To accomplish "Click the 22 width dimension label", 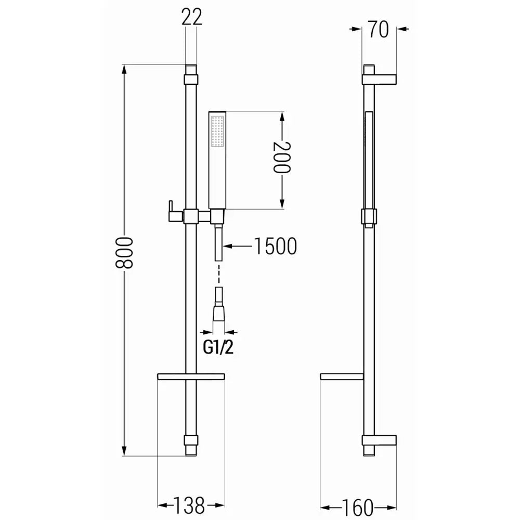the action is [x=191, y=17].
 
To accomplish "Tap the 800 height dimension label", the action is [x=124, y=253].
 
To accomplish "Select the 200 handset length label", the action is [x=281, y=157].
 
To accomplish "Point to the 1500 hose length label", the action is [x=275, y=246].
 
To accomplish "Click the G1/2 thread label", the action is [x=218, y=347].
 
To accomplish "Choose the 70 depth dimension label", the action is [x=379, y=29].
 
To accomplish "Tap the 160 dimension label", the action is [x=357, y=508].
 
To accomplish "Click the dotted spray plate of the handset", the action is [x=217, y=132].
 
